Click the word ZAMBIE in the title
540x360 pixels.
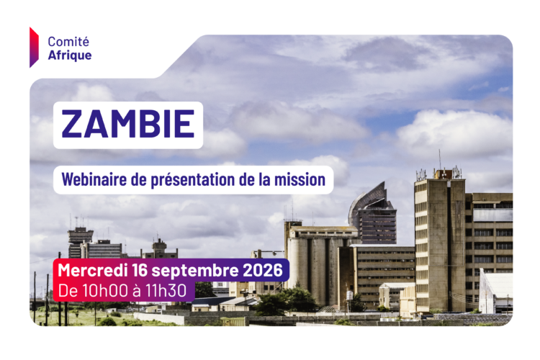click(127, 124)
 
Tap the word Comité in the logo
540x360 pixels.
click(68, 42)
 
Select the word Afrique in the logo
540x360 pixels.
click(70, 55)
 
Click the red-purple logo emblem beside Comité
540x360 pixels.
click(34, 48)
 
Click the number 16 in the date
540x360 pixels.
click(140, 270)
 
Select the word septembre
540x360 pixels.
click(195, 271)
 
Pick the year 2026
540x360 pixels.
click(263, 270)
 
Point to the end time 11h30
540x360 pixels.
click(166, 290)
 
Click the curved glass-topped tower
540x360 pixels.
click(373, 214)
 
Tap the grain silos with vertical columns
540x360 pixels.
click(317, 262)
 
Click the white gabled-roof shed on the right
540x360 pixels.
click(495, 291)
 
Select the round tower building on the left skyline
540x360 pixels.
click(80, 241)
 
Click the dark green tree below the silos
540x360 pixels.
click(286, 302)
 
